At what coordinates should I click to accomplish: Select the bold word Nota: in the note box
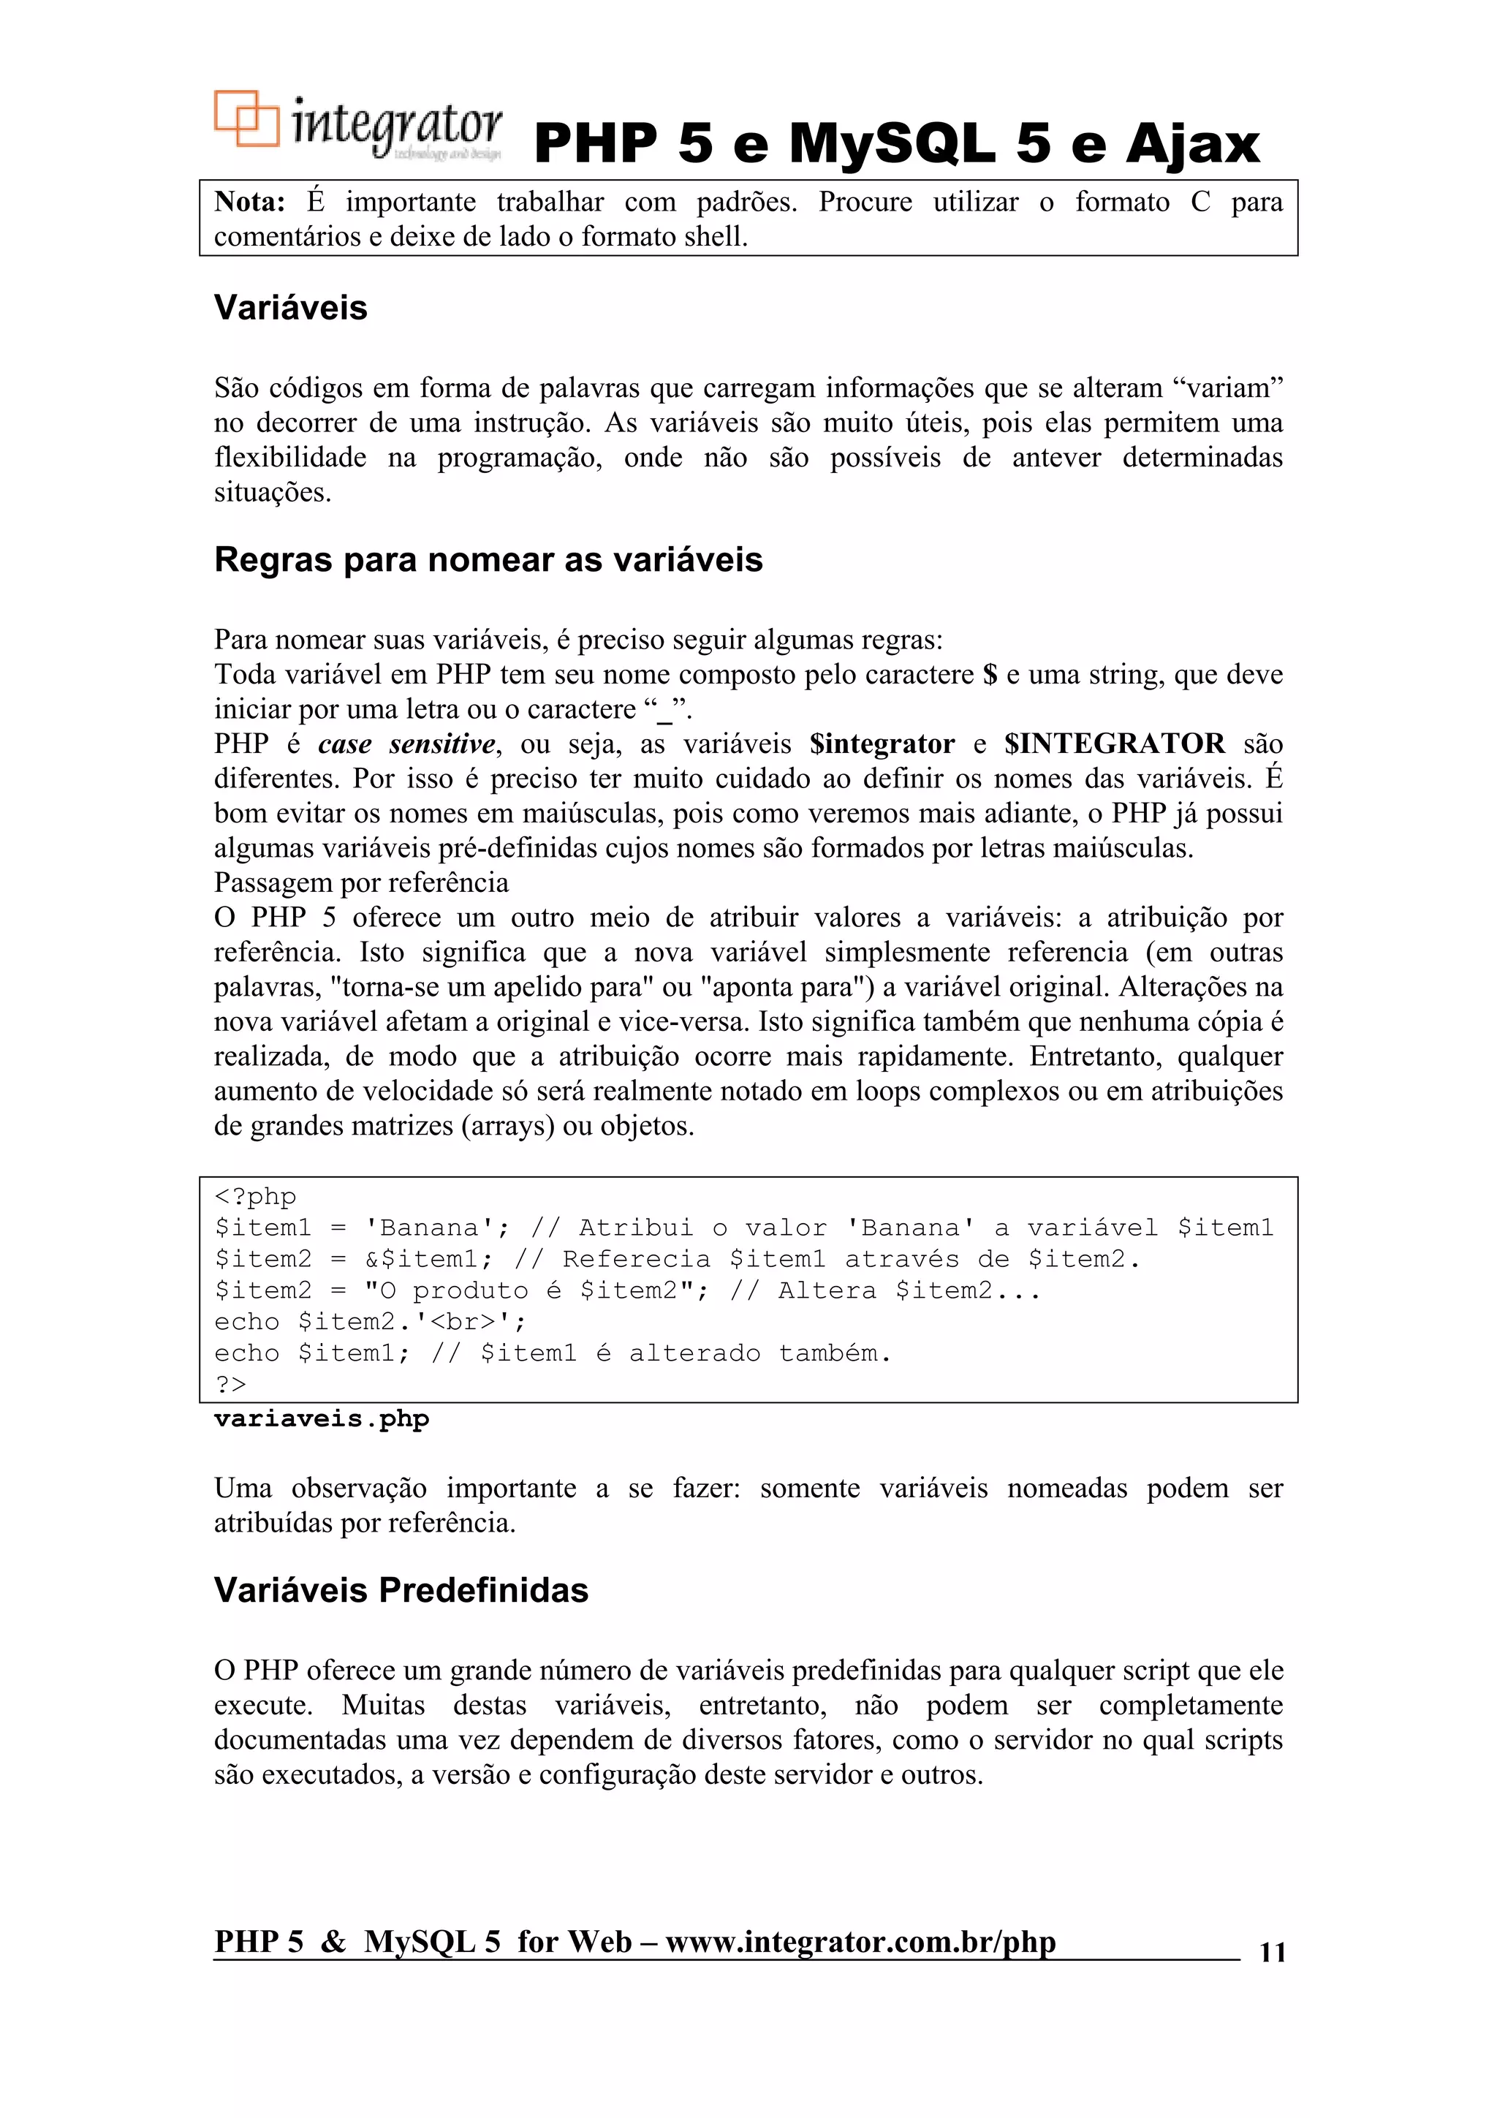coord(250,202)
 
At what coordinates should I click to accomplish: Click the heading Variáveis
coord(290,308)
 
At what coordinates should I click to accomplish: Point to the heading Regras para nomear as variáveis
coord(488,560)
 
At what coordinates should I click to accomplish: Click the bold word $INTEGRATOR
coord(1114,744)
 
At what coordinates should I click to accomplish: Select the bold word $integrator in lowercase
coord(882,744)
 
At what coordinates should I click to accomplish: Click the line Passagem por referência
coord(360,883)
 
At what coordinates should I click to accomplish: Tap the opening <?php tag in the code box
coord(256,1197)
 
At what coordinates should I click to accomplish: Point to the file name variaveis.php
coord(321,1419)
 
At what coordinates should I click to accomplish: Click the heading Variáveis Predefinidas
coord(401,1590)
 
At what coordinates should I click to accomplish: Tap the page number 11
coord(1272,1952)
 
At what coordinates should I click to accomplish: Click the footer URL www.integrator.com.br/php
coord(860,1942)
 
